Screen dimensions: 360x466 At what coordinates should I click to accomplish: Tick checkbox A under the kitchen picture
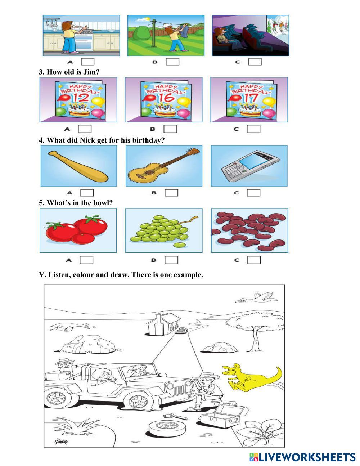87,62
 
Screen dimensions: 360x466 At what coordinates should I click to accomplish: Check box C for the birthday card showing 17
253,129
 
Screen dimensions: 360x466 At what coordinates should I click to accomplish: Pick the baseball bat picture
78,166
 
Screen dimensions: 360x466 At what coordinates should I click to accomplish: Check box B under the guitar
171,193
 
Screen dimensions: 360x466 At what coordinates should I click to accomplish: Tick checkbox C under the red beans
254,260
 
